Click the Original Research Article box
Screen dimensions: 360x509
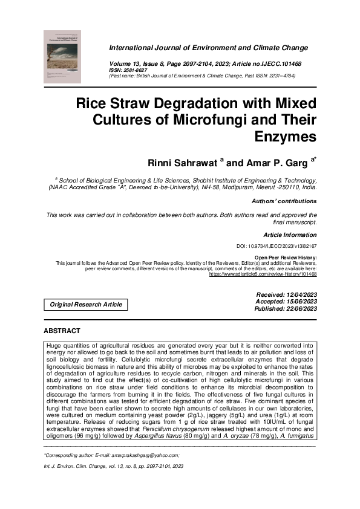[86, 305]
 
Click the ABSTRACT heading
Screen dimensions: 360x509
[62, 331]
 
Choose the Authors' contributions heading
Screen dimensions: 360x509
[284, 201]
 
